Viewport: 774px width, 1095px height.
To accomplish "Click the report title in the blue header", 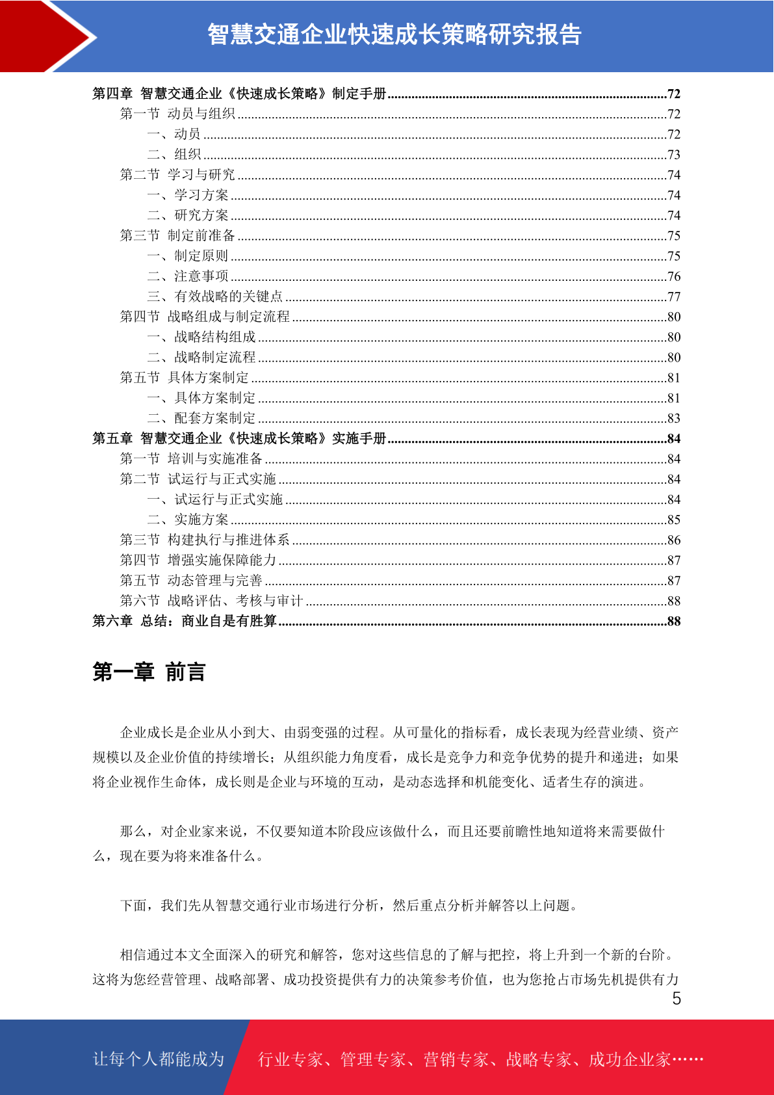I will (394, 34).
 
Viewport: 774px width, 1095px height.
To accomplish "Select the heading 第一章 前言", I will (149, 672).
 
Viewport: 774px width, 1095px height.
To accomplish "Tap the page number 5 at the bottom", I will (677, 999).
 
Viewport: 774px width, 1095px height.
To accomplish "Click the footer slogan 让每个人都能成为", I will (159, 1059).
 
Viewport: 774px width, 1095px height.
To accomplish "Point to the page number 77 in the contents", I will (674, 297).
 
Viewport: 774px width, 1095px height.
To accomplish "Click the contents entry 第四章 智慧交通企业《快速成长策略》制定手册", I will (239, 94).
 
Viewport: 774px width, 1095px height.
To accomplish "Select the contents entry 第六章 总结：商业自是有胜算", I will (185, 621).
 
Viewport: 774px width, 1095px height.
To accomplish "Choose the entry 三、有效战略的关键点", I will (215, 297).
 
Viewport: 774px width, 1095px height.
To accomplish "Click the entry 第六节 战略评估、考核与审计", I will (211, 601).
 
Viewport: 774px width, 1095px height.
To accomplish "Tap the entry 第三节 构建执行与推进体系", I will (205, 540).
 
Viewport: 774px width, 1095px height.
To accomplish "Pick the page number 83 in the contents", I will (674, 419).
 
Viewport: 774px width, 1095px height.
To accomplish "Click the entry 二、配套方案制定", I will (201, 418).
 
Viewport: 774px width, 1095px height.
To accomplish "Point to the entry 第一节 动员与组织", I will (177, 114).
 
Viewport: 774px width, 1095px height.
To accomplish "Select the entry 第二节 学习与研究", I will (177, 175).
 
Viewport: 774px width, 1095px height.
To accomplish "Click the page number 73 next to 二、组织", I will (674, 155).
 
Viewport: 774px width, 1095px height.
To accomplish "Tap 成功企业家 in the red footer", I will (629, 1060).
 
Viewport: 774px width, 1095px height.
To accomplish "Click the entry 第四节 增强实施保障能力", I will (198, 560).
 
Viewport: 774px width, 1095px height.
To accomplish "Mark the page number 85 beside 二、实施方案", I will (674, 520).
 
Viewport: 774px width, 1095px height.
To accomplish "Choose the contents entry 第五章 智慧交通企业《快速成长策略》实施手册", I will (239, 438).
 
